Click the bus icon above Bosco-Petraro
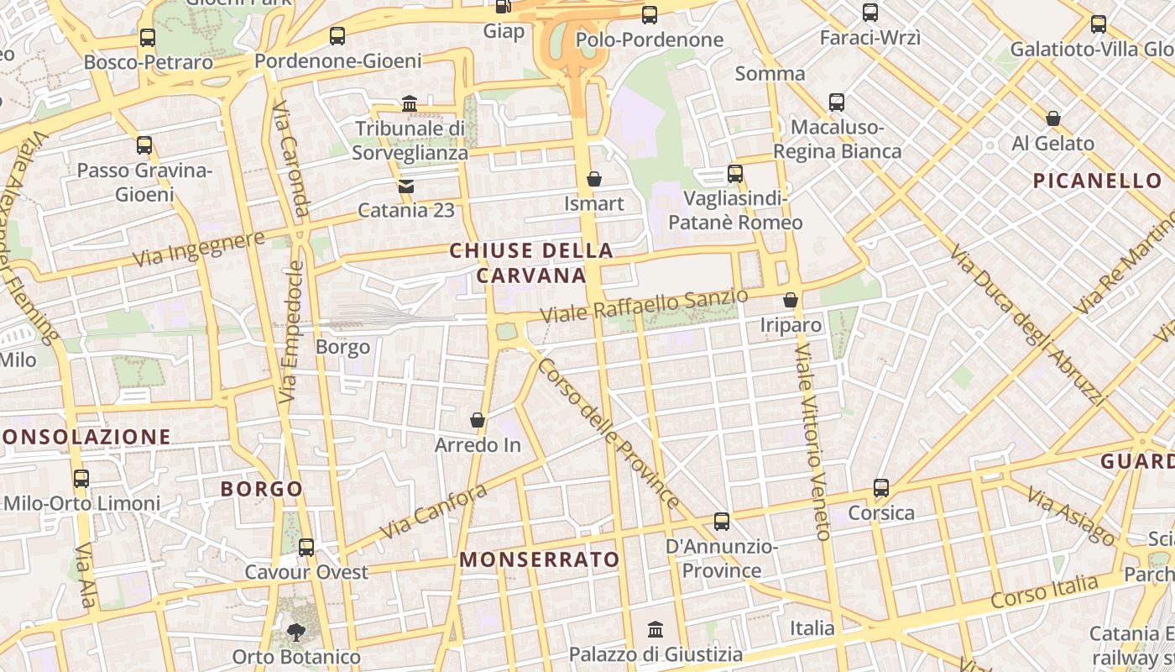148,38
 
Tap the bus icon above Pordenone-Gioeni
337,36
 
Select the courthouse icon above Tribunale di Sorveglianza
410,103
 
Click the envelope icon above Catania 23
406,186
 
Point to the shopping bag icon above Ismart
594,179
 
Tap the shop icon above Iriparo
790,300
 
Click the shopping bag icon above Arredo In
478,420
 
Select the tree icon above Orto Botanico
295,632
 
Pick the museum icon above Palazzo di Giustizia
655,629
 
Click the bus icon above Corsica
881,488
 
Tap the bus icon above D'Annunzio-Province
722,522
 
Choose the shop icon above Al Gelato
1053,118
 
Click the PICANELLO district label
1097,181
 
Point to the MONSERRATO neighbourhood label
540,559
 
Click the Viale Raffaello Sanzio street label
644,306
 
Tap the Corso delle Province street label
608,433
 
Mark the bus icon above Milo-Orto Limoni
81,479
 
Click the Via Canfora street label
433,512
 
